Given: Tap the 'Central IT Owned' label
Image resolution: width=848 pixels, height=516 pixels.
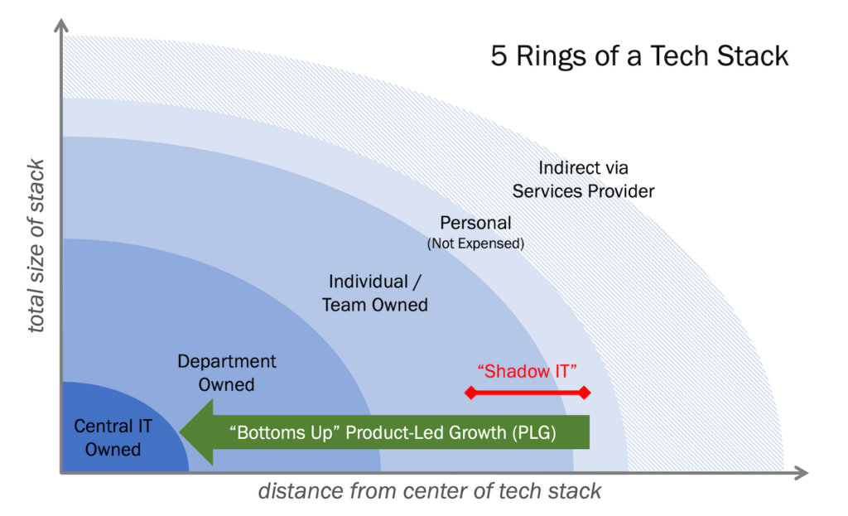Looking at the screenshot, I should tap(113, 438).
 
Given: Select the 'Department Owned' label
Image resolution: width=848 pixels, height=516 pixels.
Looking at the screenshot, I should tap(226, 373).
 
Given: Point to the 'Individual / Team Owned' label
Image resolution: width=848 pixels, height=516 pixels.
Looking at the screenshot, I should tap(374, 293).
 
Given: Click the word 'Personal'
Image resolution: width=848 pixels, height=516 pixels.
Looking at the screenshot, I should tap(475, 223).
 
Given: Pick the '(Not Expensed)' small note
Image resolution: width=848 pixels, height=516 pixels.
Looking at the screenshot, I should tap(475, 244).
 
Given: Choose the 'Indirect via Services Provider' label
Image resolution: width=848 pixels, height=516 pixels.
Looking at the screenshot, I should tap(583, 180).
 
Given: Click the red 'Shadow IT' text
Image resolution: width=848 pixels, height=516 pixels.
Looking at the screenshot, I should tap(528, 371).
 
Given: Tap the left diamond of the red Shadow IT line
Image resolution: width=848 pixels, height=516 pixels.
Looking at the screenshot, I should tap(470, 393).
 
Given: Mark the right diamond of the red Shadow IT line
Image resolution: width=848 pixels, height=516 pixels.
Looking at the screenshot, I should tap(585, 393).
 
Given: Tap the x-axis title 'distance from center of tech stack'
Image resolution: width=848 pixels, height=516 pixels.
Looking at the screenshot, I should tap(430, 491).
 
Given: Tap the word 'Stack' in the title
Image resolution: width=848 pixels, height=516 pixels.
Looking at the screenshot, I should tap(754, 55).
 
